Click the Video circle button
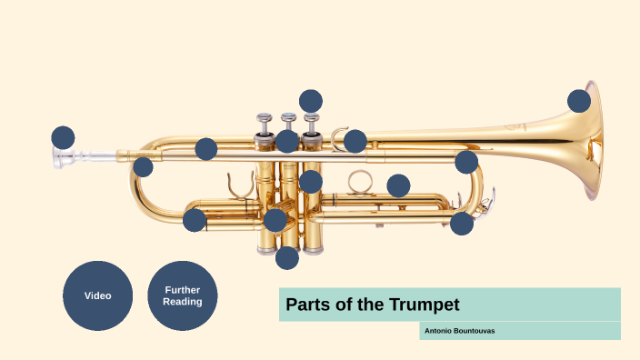click(x=97, y=295)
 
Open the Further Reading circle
click(x=183, y=295)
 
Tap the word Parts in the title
click(x=307, y=304)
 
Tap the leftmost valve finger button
click(x=265, y=118)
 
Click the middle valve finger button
click(x=288, y=118)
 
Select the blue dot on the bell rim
click(x=579, y=101)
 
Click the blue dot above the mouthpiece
click(x=63, y=137)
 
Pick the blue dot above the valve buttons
click(x=311, y=101)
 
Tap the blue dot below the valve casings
click(x=287, y=257)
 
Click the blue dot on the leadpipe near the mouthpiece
click(x=143, y=167)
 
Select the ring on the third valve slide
click(x=360, y=180)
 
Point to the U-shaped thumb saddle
click(x=239, y=184)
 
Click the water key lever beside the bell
click(x=487, y=198)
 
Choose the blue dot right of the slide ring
click(x=398, y=185)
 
